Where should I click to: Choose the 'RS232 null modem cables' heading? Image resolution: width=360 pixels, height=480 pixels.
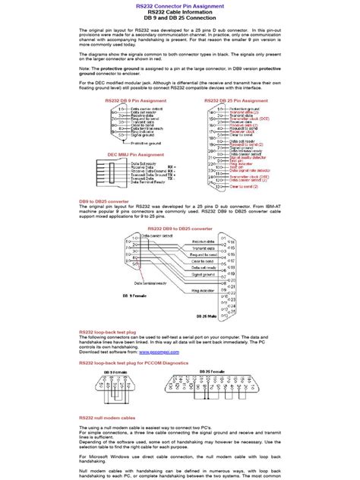[x=107, y=417]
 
